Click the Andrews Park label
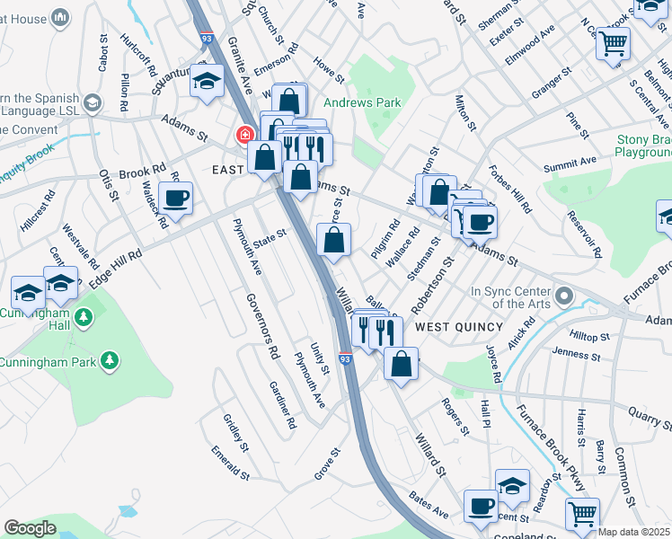362,102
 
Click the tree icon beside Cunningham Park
111,360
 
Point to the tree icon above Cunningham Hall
84,316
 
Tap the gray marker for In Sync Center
564,296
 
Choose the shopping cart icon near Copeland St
582,515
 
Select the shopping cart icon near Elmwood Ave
613,42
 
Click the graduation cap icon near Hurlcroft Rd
207,84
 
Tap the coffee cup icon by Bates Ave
481,508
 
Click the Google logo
29,528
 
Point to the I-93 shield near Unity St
346,358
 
